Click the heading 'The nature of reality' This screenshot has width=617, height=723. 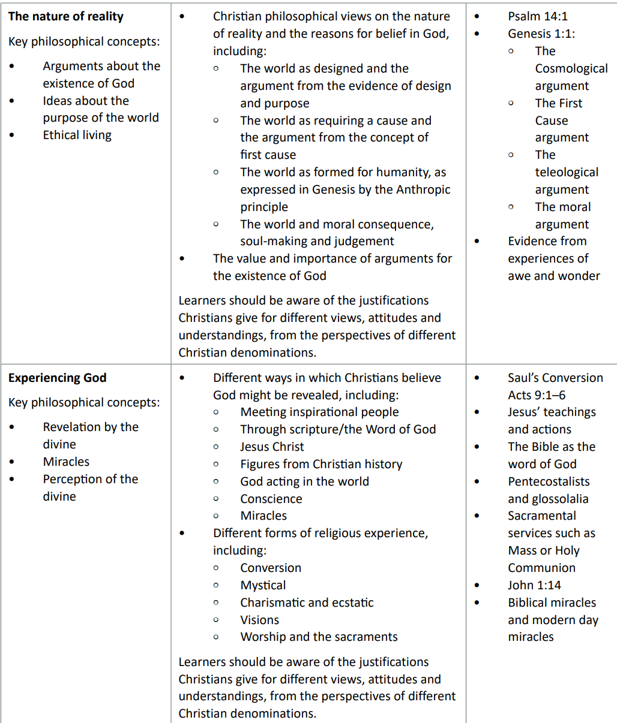pos(66,16)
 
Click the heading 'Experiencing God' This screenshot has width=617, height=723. pos(57,378)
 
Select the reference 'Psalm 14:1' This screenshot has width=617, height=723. pos(537,16)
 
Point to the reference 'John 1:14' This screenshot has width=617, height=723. pos(534,585)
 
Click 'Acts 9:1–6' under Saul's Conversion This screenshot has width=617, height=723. pos(537,395)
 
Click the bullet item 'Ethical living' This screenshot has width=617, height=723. pos(77,135)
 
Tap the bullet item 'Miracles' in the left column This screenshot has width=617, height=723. pos(66,462)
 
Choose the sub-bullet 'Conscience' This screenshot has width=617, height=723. pos(271,499)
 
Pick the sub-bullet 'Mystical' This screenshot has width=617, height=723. pos(263,585)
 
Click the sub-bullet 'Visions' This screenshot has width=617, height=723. pos(259,620)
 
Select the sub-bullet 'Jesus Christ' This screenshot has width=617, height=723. pos(272,447)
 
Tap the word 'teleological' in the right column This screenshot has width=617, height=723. pos(567,172)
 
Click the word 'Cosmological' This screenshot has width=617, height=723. pos(571,68)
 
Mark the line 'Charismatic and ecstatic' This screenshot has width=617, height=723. pos(307,602)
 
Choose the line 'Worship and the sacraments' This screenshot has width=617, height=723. pos(319,637)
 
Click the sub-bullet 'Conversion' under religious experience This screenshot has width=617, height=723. pos(271,568)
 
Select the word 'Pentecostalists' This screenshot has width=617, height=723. pos(549,481)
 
